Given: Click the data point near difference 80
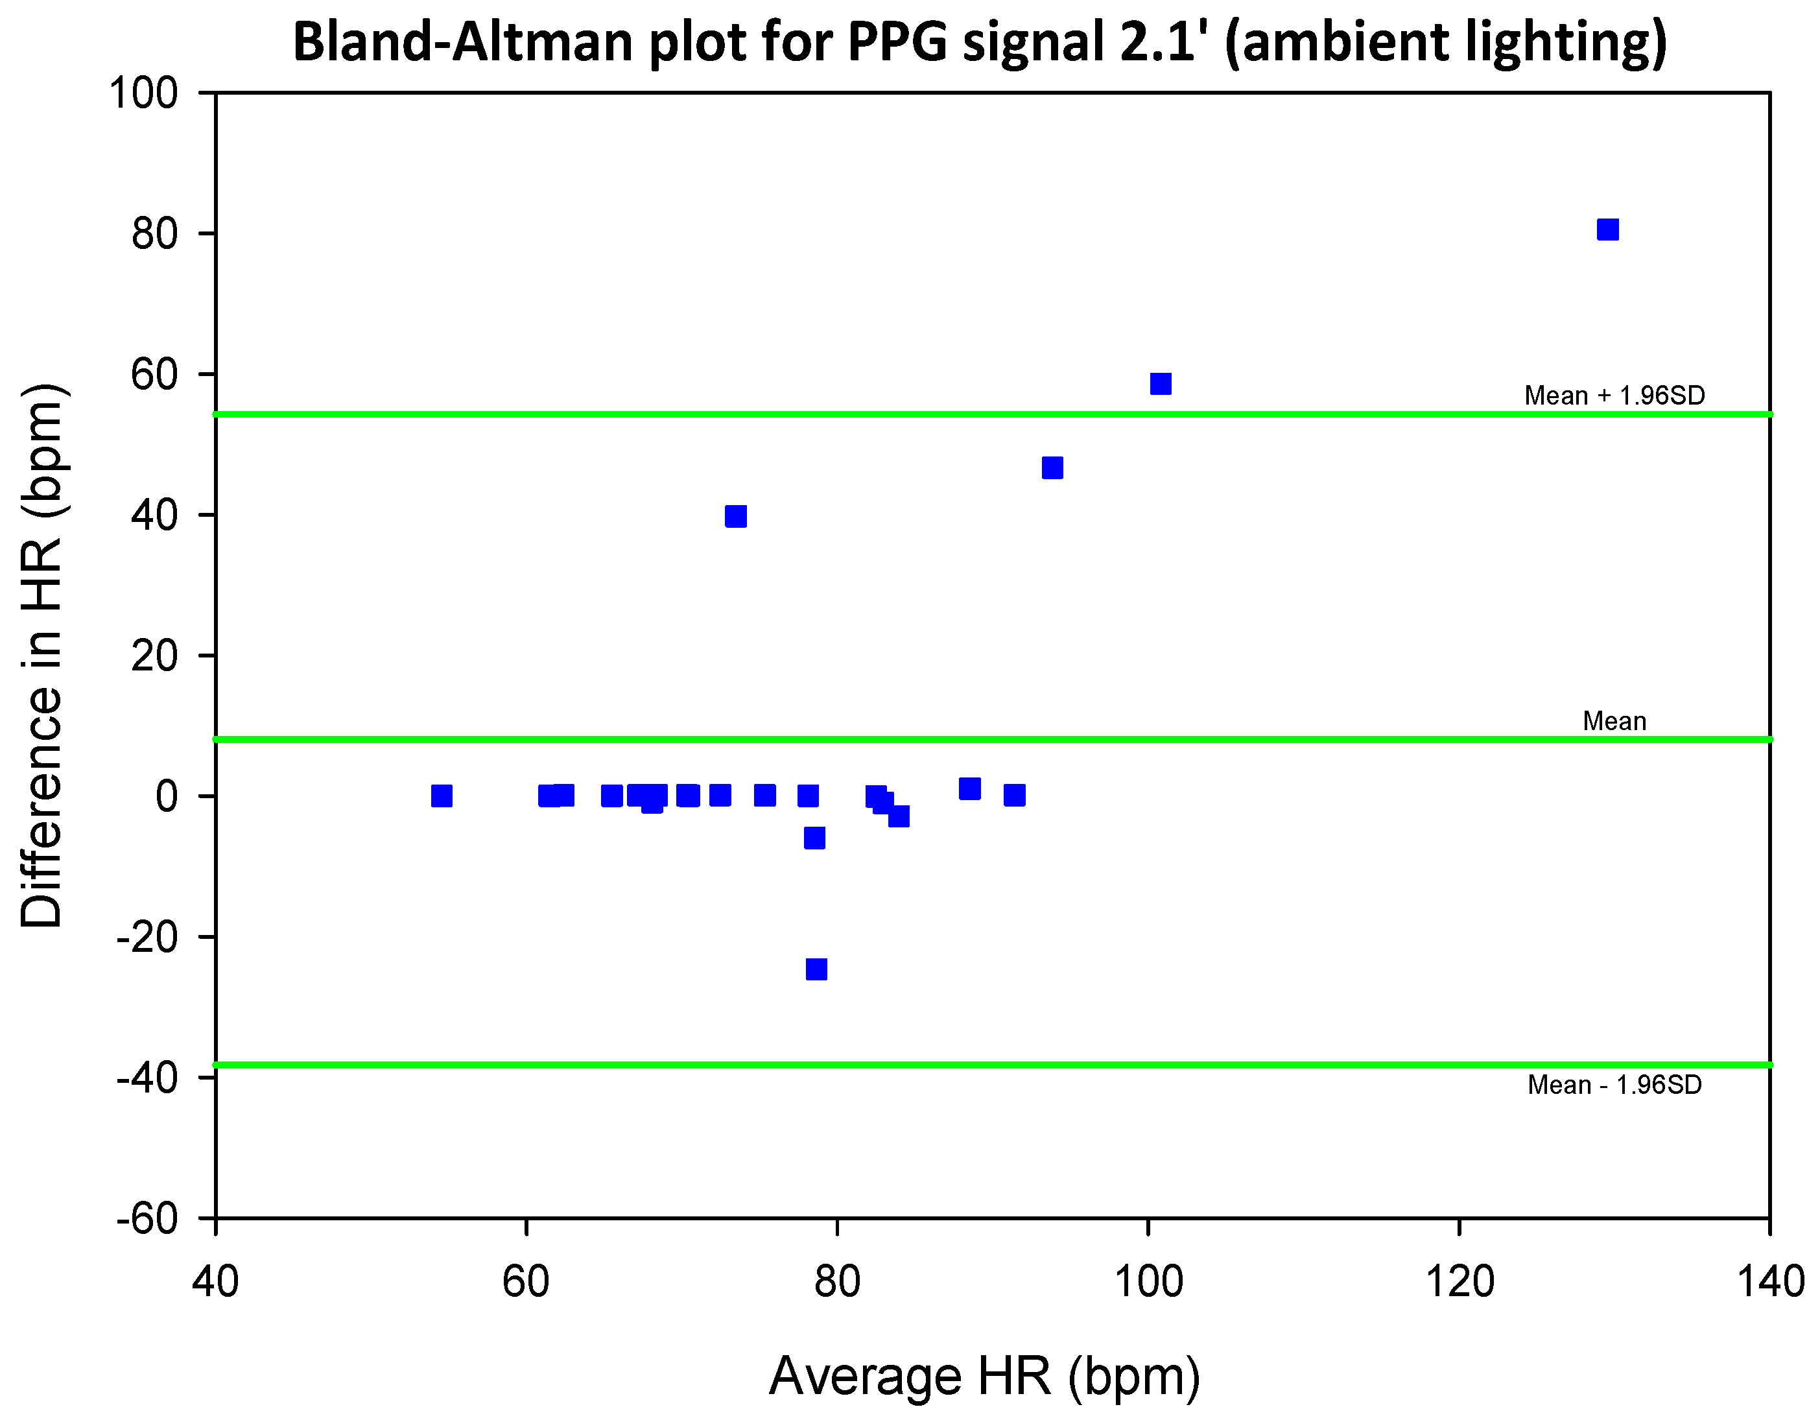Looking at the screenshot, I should [x=1607, y=230].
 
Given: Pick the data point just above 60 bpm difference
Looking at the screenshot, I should [x=1161, y=383].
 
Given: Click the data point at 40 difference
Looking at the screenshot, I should [x=736, y=517].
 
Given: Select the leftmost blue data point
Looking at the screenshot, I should [x=442, y=796].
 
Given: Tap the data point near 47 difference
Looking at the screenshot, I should [x=1052, y=468].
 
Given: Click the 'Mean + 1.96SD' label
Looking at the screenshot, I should [x=1614, y=395].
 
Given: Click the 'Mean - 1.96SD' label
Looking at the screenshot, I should [x=1614, y=1085].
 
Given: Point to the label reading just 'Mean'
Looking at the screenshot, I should [x=1614, y=721].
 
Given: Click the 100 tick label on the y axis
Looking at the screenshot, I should [x=144, y=93].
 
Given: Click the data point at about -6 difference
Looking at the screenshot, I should [x=815, y=838].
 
